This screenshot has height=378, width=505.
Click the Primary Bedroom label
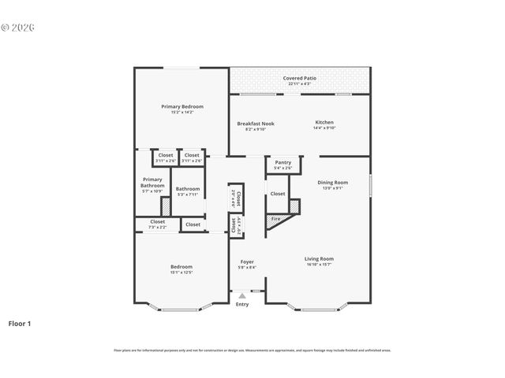(x=182, y=106)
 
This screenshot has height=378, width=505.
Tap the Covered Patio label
(x=299, y=79)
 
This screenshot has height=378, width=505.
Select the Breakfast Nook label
(x=256, y=123)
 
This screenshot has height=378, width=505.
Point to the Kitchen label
(x=324, y=122)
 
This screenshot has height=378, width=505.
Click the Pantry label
(x=282, y=162)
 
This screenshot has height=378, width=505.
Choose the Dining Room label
(x=332, y=182)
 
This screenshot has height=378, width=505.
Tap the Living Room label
(x=320, y=258)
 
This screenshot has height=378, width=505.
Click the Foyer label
(x=247, y=262)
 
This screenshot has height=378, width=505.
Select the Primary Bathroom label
(x=152, y=182)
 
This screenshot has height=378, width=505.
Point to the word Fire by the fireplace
(x=275, y=219)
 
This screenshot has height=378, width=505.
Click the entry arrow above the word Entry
(x=242, y=296)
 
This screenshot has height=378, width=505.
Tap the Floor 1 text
(x=20, y=323)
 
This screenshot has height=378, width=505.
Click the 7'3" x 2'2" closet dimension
(x=158, y=228)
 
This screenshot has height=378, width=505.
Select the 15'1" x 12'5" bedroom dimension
(x=181, y=272)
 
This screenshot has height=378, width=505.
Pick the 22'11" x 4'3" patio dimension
(x=299, y=83)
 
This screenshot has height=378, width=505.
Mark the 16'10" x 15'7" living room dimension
(x=320, y=264)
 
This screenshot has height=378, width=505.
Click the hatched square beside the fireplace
(x=294, y=206)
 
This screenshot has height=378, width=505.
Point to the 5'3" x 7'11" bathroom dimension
(x=188, y=194)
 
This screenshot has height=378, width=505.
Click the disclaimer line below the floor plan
(x=252, y=350)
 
